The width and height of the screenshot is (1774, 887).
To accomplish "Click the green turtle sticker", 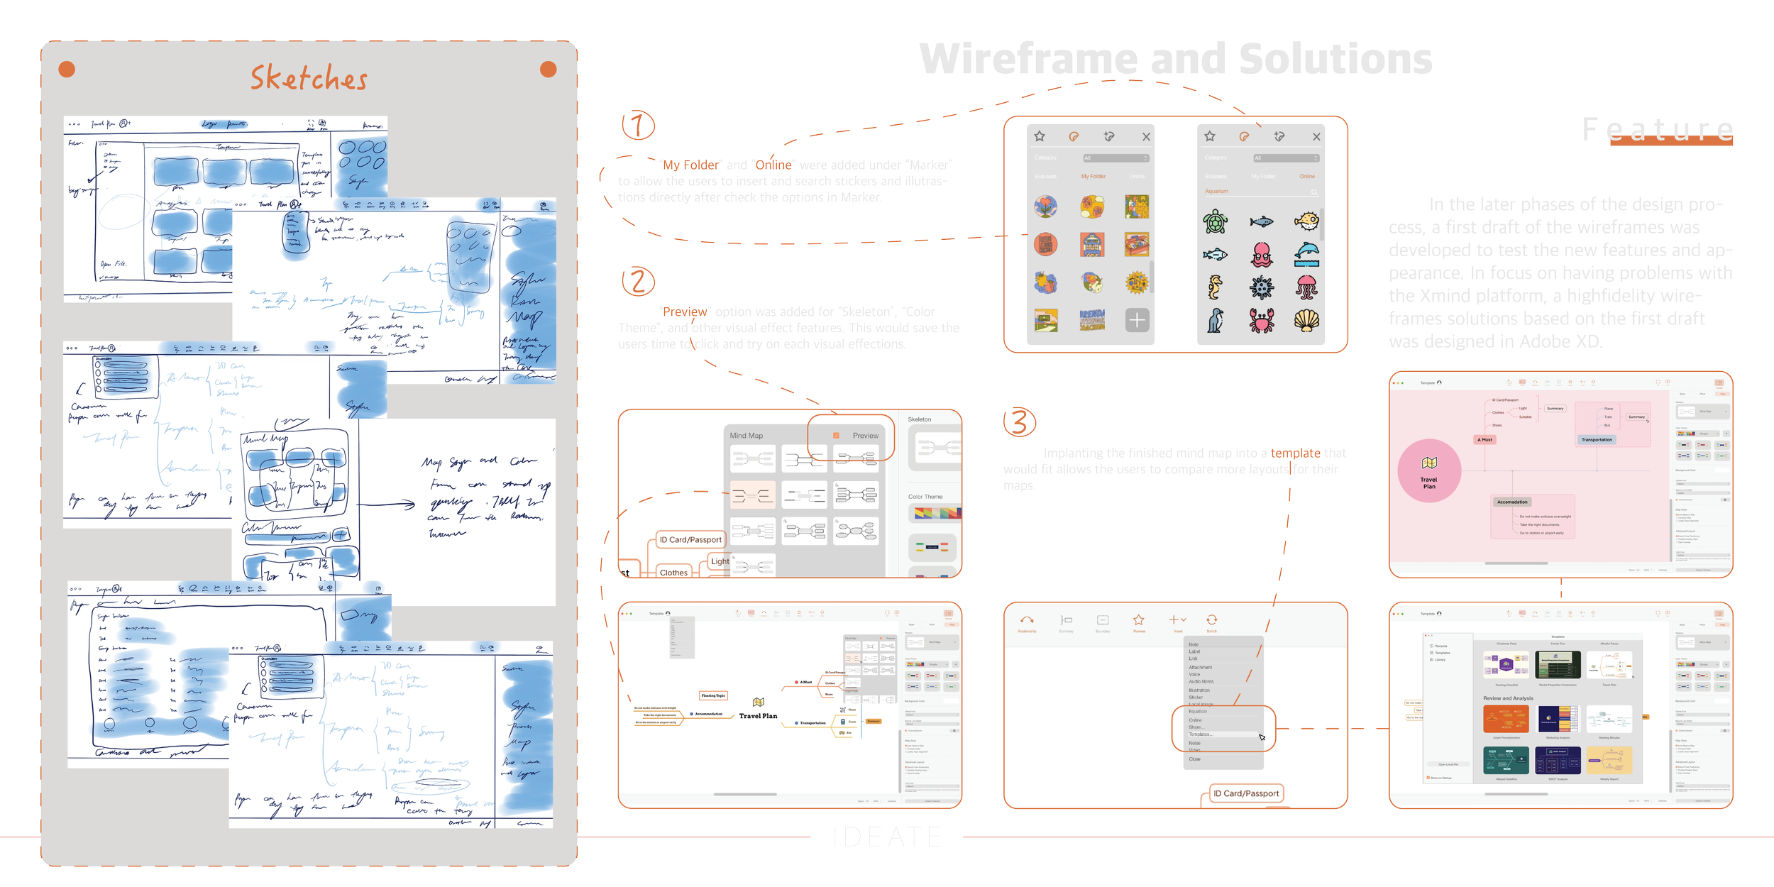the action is (x=1216, y=221).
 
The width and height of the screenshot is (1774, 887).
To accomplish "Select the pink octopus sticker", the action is (x=1262, y=254).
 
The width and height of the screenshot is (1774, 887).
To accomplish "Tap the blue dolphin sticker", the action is (x=1306, y=254).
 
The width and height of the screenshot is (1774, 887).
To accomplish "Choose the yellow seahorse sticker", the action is (x=1216, y=287).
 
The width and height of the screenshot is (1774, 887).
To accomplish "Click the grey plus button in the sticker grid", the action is (x=1137, y=320).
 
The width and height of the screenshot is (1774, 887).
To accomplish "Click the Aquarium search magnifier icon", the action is (x=1314, y=192).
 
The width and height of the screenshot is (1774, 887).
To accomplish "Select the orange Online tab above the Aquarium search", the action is (x=1307, y=176).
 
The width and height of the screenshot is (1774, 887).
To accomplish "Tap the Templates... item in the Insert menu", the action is (x=1201, y=734).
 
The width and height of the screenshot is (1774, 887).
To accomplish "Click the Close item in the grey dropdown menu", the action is (x=1195, y=759).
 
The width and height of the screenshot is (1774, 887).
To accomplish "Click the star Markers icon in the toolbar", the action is (x=1139, y=620).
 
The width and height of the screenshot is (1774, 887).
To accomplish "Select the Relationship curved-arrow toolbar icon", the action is (x=1027, y=620).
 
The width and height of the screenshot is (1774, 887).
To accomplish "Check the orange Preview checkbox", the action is (x=836, y=435).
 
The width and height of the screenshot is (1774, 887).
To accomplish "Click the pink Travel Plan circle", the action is (x=1429, y=471).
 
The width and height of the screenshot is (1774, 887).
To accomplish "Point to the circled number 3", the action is (x=1019, y=422).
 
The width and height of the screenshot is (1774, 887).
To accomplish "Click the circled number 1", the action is (x=637, y=126).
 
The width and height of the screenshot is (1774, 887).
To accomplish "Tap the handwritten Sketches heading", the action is (x=309, y=78).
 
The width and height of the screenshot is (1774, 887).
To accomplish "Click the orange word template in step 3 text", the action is (x=1295, y=453).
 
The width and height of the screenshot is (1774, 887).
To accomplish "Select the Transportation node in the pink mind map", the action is (x=1597, y=440).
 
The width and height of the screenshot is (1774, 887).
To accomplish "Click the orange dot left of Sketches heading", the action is (x=67, y=70).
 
